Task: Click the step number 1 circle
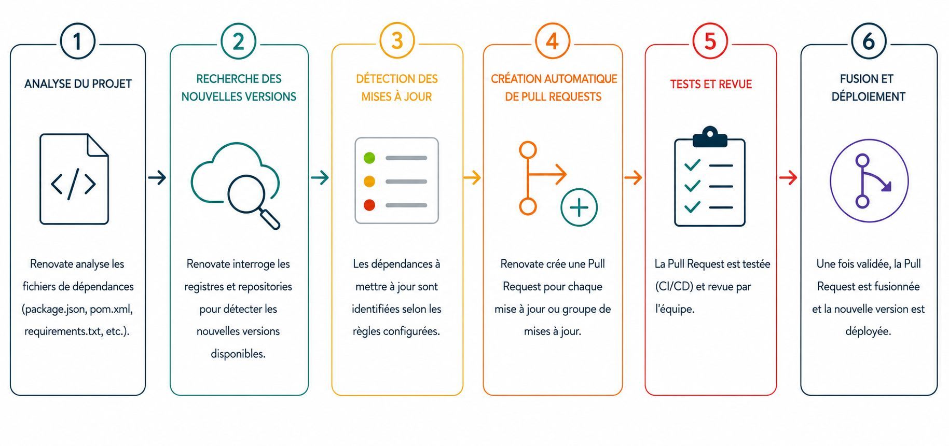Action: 78,41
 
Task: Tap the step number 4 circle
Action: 553,41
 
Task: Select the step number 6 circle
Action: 869,41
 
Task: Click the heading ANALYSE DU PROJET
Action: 78,84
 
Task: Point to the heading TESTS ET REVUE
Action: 711,84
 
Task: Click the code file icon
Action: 74,179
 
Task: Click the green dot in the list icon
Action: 369,158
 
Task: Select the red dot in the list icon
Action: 369,205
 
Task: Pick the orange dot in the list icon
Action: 369,182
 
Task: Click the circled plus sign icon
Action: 579,207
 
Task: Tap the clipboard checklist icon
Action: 710,176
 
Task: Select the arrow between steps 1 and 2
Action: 157,178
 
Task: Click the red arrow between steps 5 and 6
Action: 788,178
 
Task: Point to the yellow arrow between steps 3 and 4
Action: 472,178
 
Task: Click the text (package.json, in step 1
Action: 54,309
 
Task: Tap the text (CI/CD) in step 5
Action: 674,286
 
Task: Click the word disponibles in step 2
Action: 238,354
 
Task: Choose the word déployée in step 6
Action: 868,331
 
